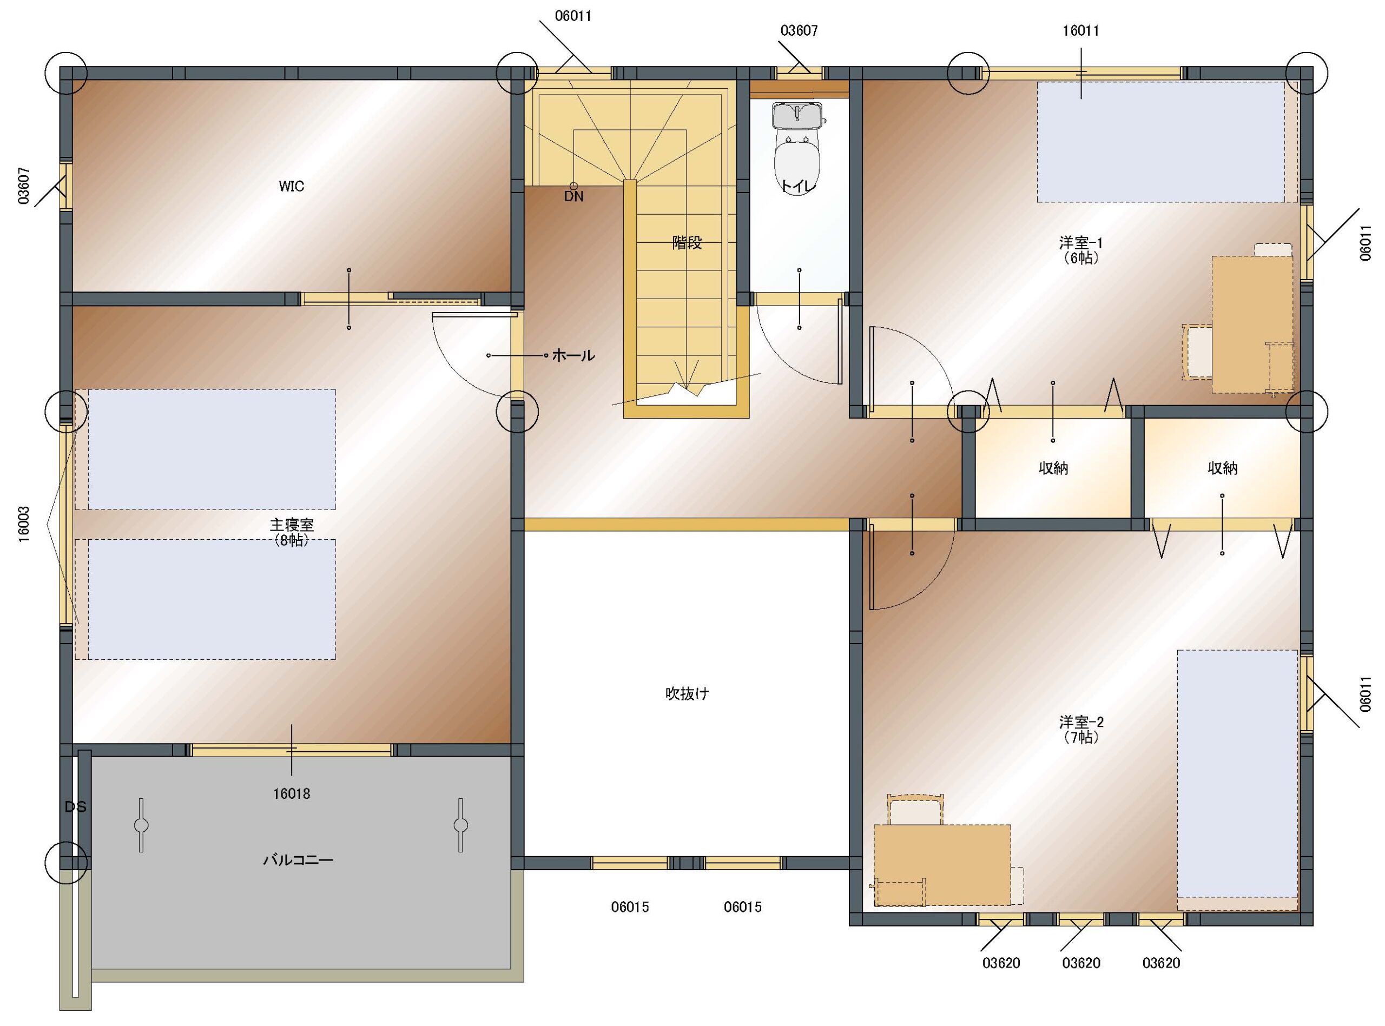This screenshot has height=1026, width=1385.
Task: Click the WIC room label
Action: (291, 186)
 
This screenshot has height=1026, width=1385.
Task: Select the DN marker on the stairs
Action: (574, 196)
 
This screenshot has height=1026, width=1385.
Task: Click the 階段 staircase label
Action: (687, 243)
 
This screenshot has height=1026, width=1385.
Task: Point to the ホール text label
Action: (573, 356)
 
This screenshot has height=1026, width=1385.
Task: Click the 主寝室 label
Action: (292, 525)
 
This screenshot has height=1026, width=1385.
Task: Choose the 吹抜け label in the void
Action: (687, 694)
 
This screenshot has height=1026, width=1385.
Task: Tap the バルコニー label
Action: (299, 860)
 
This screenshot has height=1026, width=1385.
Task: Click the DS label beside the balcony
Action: (75, 807)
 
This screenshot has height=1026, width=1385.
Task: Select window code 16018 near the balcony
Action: (291, 794)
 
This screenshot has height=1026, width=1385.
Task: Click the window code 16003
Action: (24, 525)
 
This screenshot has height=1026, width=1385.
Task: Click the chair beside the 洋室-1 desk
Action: (1197, 352)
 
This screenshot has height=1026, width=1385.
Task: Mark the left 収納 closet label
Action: (1053, 468)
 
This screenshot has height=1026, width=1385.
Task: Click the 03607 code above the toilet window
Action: (799, 30)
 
